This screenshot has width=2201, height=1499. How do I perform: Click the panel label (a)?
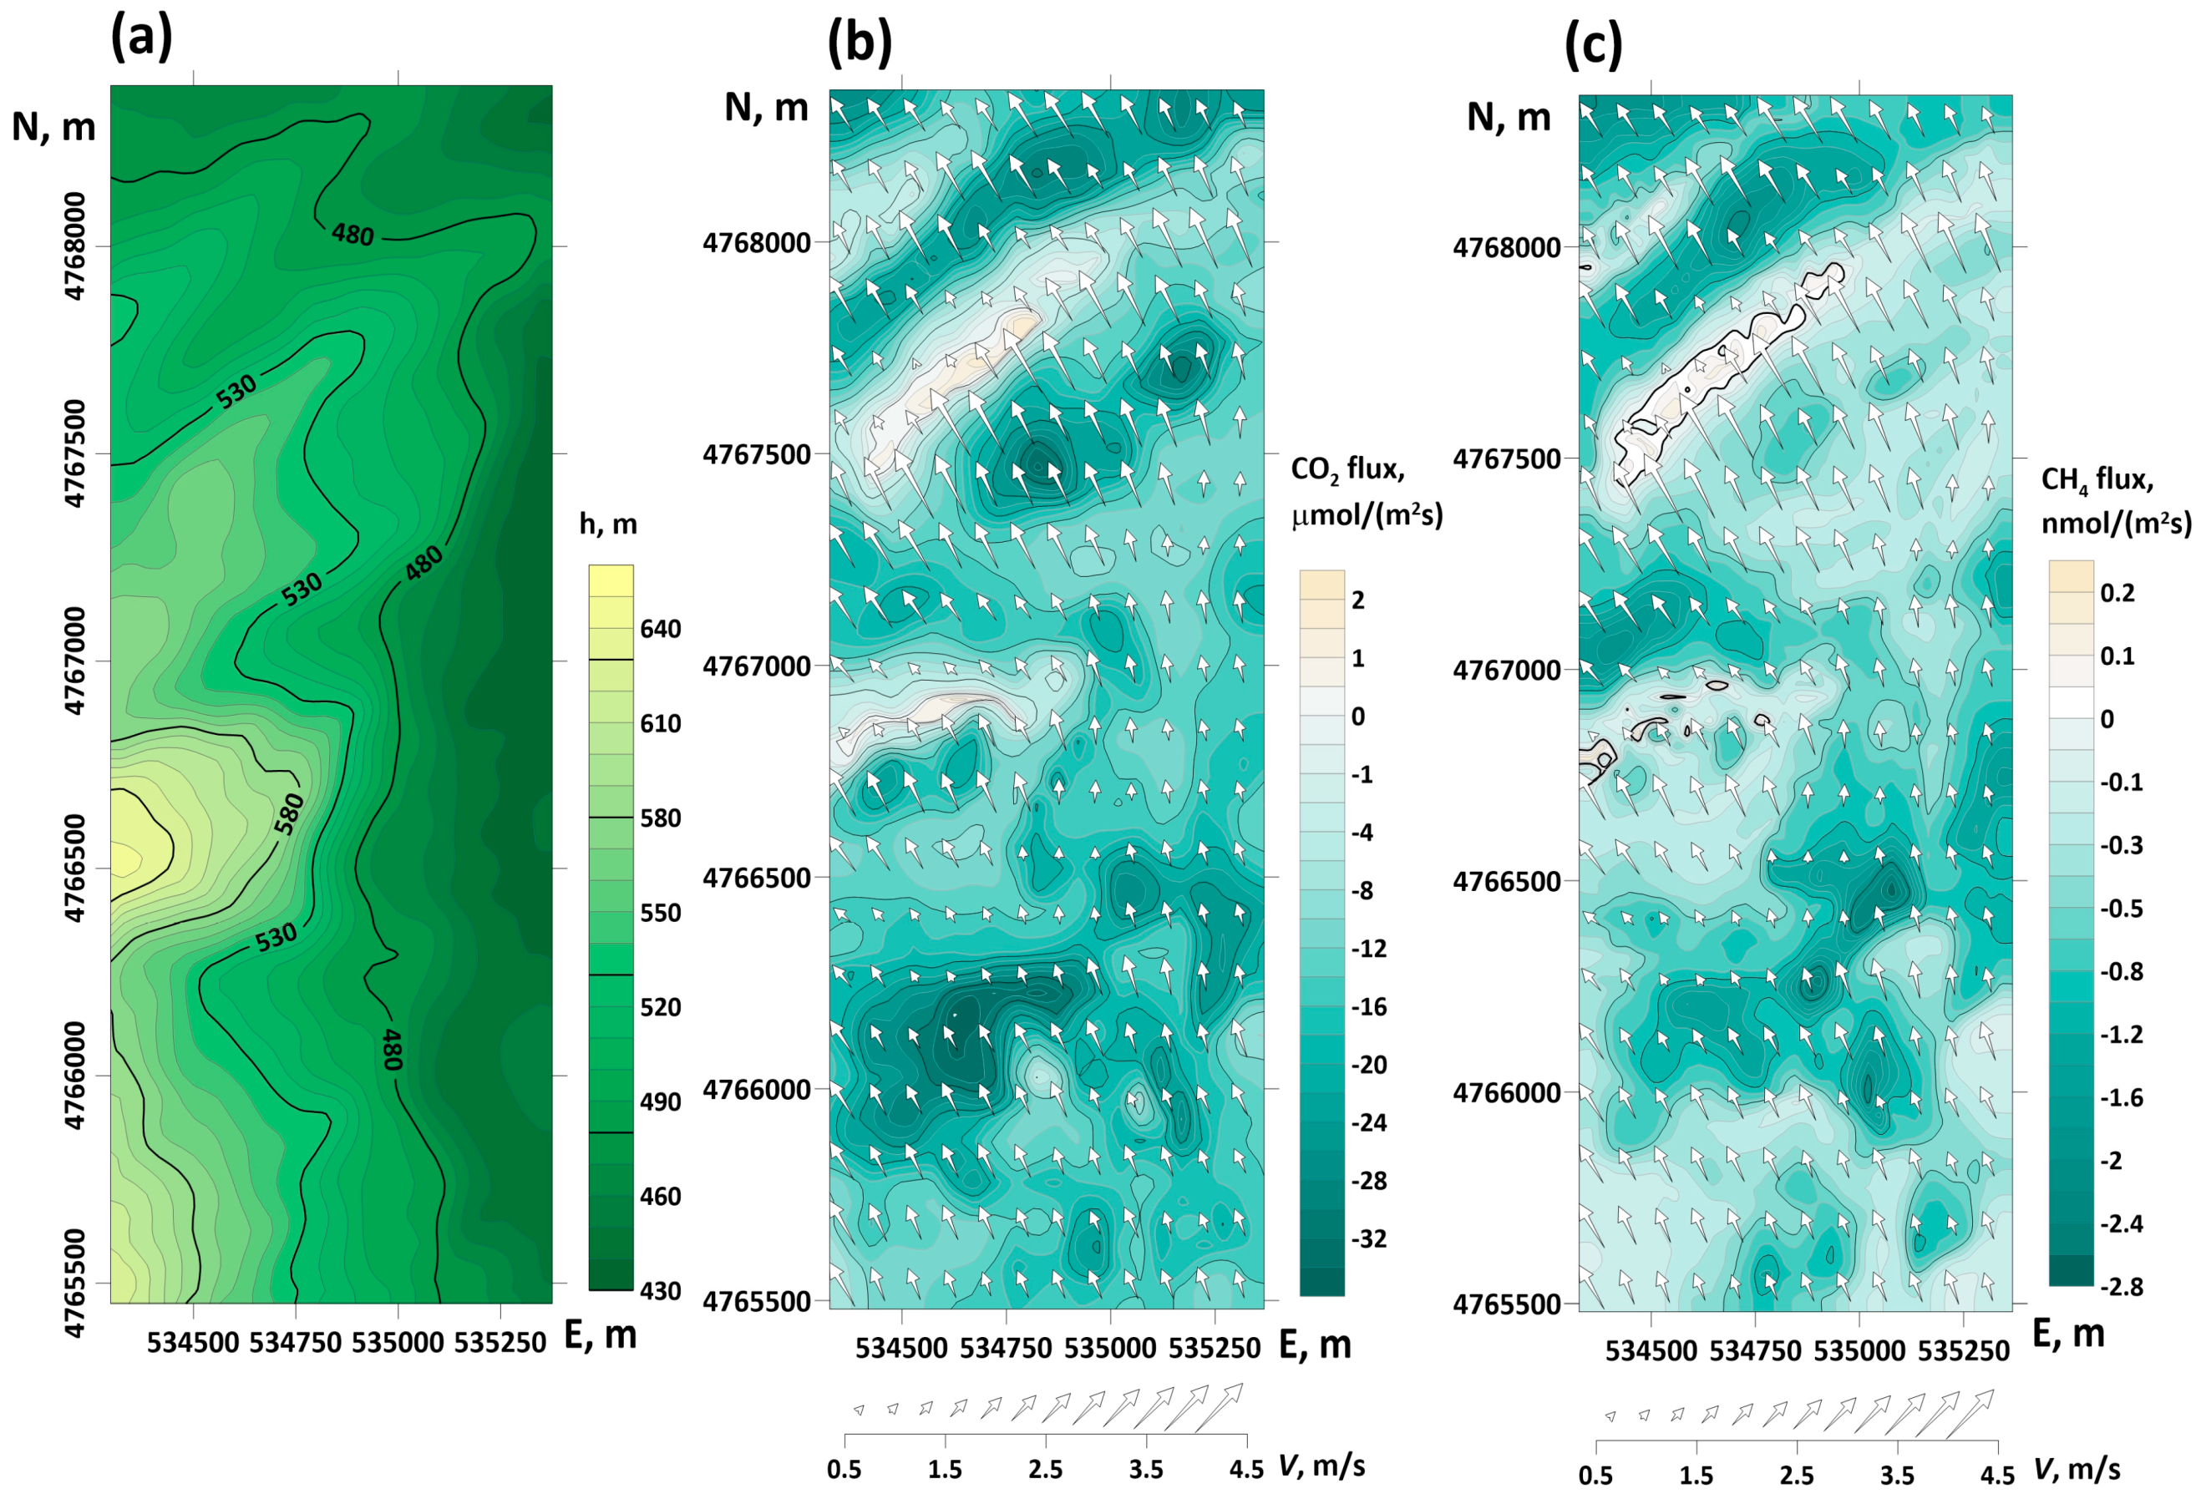(x=142, y=40)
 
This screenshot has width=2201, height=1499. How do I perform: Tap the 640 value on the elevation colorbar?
(x=660, y=629)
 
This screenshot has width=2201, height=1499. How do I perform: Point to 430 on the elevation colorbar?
(x=660, y=1291)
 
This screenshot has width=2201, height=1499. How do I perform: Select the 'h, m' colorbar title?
(x=608, y=524)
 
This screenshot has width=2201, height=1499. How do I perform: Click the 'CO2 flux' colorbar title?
(x=1347, y=468)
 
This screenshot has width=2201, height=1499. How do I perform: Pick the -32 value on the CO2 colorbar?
(x=1368, y=1238)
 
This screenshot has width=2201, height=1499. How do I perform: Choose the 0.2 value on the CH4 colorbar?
(x=2117, y=593)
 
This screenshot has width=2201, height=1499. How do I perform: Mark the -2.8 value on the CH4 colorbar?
(x=2121, y=1287)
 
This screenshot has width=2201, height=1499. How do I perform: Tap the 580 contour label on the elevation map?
(x=290, y=813)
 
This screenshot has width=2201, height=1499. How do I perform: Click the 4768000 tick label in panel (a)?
(x=75, y=246)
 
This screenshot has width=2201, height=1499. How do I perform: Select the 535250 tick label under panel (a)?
(x=500, y=1344)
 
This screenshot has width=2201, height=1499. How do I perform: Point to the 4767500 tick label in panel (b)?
(x=757, y=454)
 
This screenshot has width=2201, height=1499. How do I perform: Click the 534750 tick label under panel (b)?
(x=1006, y=1349)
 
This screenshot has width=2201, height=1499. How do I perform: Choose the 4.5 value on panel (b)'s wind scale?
(x=1246, y=1469)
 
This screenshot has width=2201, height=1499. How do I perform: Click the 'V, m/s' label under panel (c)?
(x=2076, y=1470)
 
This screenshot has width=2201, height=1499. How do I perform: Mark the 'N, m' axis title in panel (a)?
(x=54, y=127)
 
